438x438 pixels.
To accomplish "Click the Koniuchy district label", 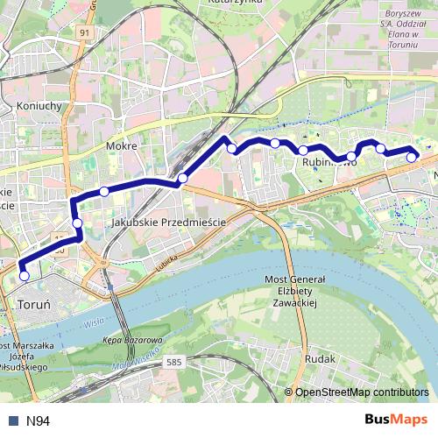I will pos(37,106).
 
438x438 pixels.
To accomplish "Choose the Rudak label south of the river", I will pos(320,359).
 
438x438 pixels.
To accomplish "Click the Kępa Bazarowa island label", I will pos(133,339).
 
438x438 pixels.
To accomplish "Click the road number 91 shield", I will pos(84,32).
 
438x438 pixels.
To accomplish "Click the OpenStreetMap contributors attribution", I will pos(362,392).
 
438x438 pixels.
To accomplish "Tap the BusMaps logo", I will pos(396,420).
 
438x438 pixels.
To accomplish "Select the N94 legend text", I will pos(38,421).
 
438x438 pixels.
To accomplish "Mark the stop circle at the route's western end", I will pos(24,276).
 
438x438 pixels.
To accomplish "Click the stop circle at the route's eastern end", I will pos(412,158).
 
